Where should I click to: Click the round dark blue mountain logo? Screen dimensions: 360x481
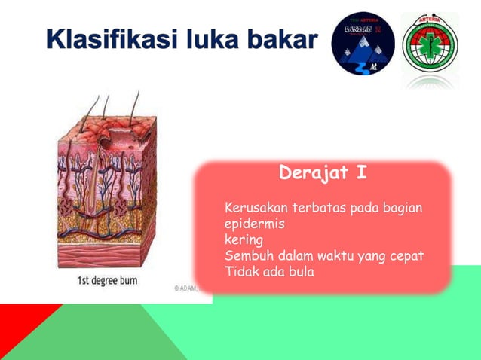(x=363, y=42)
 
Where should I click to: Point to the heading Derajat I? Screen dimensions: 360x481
(x=323, y=173)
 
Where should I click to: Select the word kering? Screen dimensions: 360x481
(x=244, y=239)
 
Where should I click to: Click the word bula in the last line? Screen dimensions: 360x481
(x=299, y=272)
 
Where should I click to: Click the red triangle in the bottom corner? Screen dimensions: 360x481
(x=19, y=320)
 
